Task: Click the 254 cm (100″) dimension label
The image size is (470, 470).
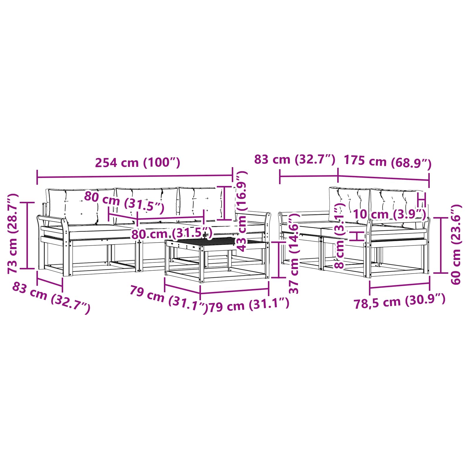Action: point(137,162)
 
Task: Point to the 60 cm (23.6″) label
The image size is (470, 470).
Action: point(456,244)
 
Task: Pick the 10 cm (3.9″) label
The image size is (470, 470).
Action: point(390,214)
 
